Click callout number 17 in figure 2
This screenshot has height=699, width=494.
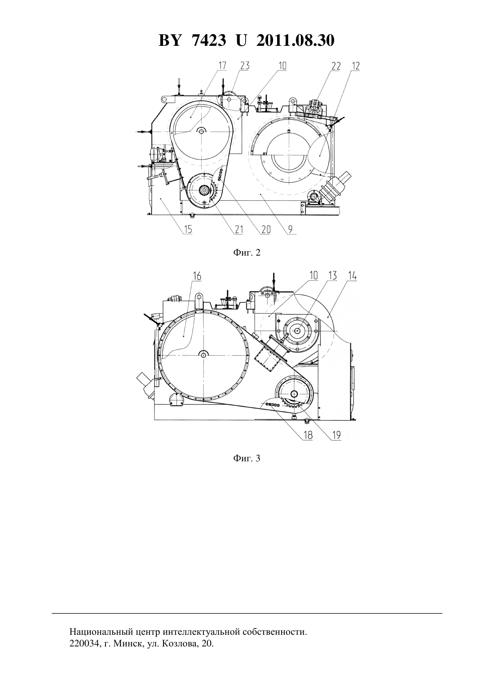coord(222,66)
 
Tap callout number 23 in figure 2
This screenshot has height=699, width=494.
coord(245,66)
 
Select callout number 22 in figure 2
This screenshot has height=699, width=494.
coord(336,66)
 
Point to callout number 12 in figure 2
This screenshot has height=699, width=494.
coord(356,66)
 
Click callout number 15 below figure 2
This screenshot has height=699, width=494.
coord(188,230)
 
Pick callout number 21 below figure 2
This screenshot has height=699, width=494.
coord(238,230)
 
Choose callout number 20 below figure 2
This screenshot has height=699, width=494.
coord(266,230)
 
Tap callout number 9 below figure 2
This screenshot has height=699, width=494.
coord(290,230)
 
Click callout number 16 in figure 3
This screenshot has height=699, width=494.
coord(197,276)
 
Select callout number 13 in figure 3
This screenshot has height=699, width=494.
coord(333,275)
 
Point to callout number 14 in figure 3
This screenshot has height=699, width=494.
coord(353,275)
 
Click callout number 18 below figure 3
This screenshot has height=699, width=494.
coord(308,435)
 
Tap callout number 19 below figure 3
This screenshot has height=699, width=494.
coord(336,435)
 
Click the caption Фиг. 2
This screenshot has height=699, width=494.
coord(247,252)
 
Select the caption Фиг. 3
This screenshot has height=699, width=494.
coord(247,458)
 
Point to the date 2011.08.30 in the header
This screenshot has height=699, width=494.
coord(296,40)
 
